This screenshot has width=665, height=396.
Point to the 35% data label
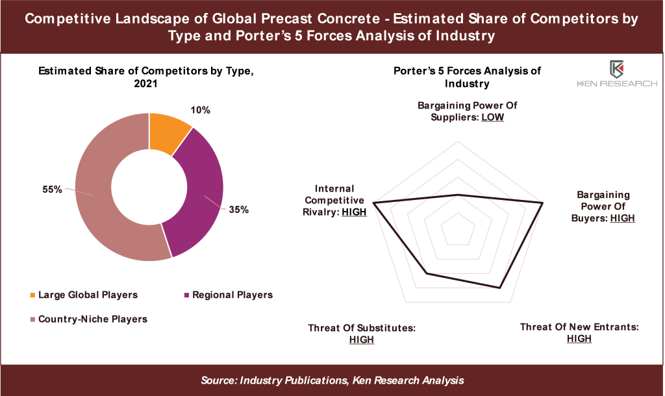238,210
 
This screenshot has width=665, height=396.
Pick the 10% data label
202,110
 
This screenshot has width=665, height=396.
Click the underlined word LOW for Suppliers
492,118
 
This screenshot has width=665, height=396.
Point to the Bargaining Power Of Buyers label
603,206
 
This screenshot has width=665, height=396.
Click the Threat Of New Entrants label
579,332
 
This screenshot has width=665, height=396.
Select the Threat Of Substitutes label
362,334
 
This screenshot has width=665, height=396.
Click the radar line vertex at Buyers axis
542,203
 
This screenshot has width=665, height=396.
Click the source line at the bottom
332,380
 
